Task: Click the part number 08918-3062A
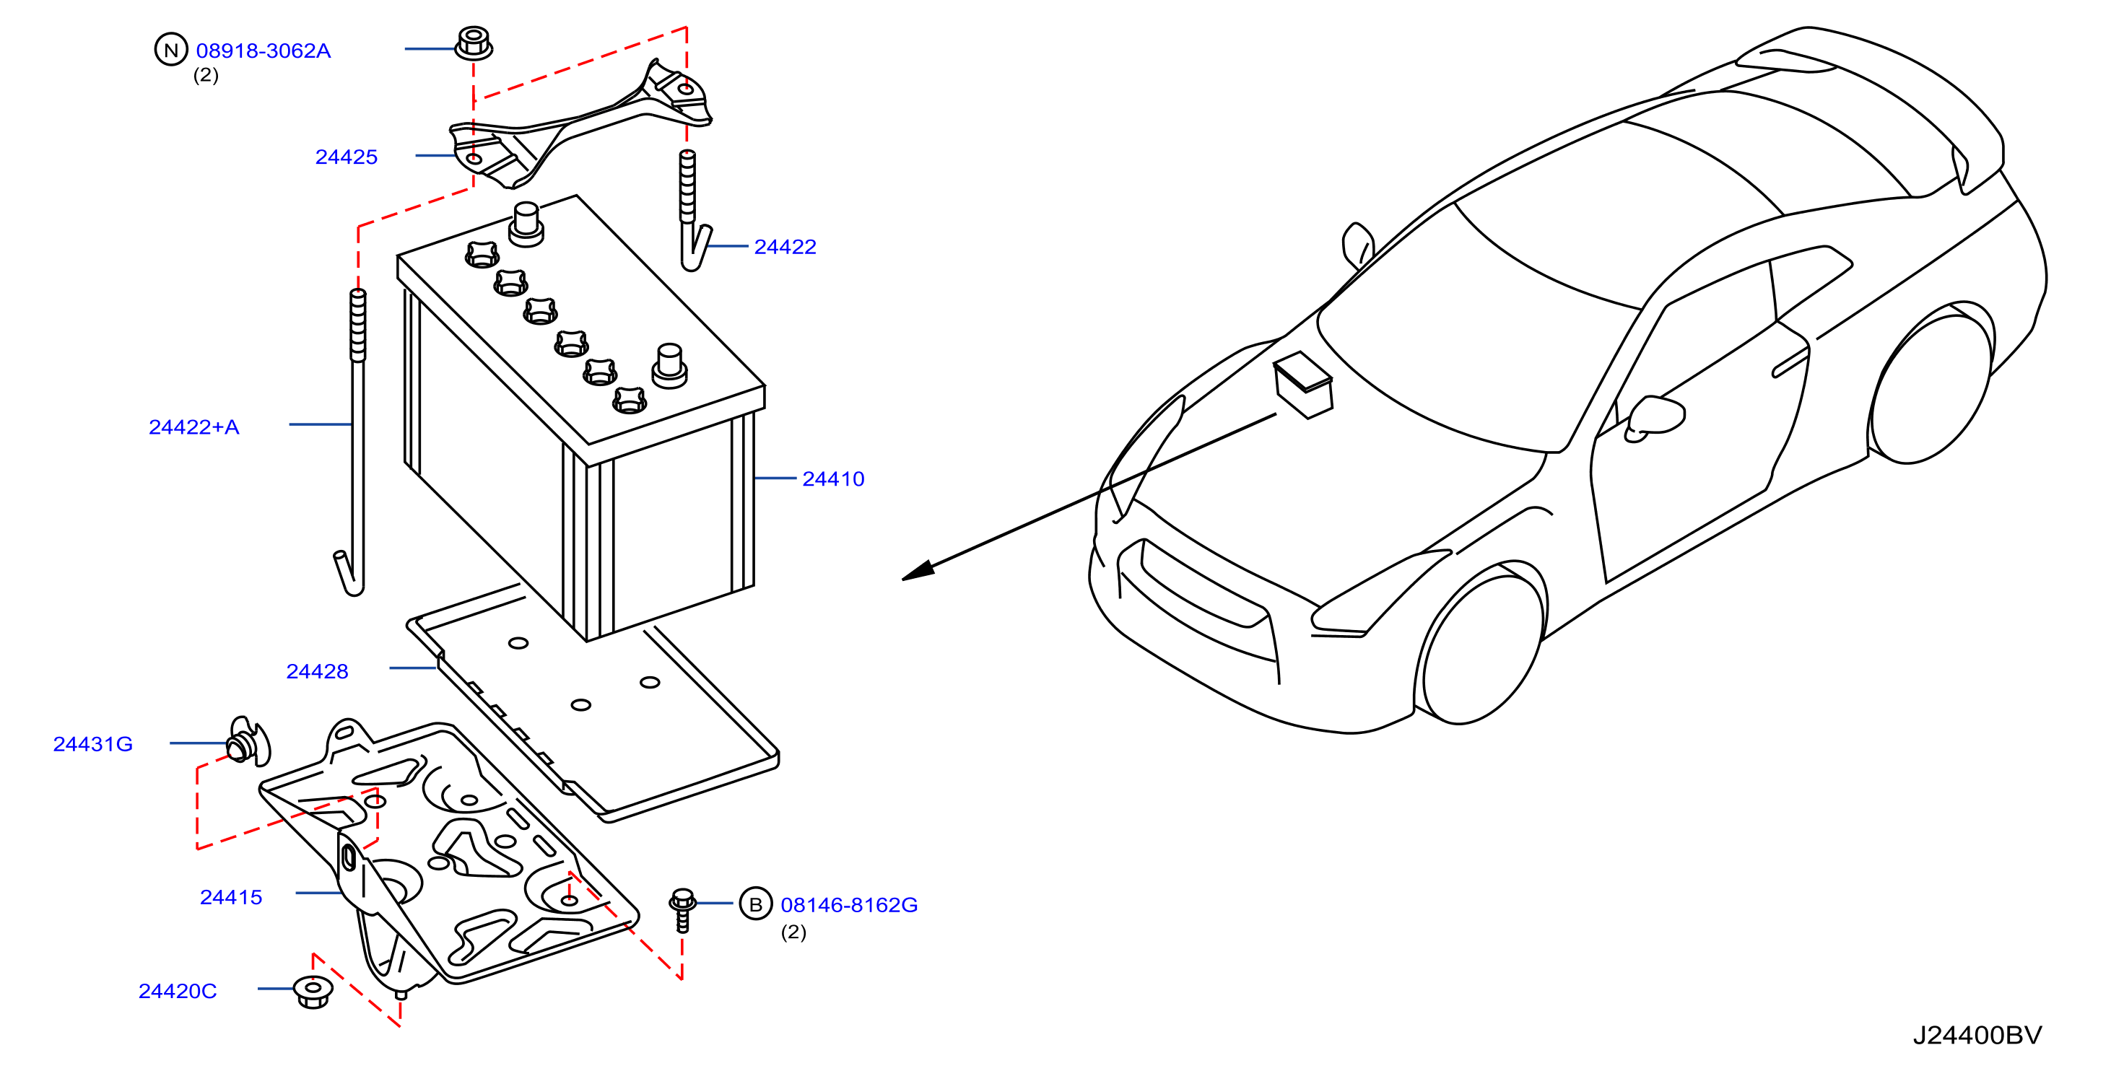tap(263, 51)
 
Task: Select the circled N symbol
tap(170, 50)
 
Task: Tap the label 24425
tap(347, 157)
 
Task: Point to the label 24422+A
tap(193, 427)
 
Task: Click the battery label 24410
tap(833, 479)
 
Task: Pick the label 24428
tap(318, 671)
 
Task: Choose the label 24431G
tap(93, 743)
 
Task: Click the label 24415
tap(231, 897)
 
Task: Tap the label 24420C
tap(178, 991)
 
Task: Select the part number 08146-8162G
tap(849, 905)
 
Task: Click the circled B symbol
tap(755, 904)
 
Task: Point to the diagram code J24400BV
tap(1977, 1036)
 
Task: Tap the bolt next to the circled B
tap(682, 910)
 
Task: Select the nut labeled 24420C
tap(313, 991)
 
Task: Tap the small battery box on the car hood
tap(1302, 385)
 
